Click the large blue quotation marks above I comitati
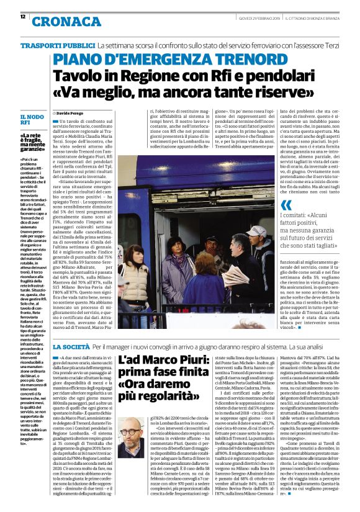[286, 205]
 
